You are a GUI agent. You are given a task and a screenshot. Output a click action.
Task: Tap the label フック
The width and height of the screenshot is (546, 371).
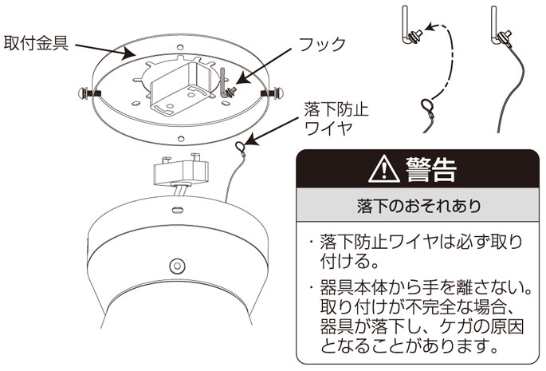[321, 44]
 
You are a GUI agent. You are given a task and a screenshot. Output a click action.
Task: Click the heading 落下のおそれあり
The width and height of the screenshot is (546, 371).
[418, 207]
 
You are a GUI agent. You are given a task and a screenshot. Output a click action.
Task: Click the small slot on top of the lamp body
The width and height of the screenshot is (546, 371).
[176, 211]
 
